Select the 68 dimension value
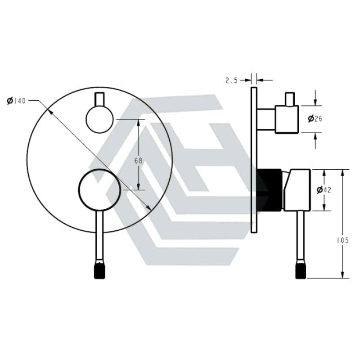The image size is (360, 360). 138,161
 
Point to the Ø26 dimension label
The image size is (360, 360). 315,119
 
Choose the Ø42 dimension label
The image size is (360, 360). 324,190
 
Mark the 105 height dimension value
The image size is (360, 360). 342,241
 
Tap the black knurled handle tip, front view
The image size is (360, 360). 99,270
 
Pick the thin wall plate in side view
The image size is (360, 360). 254,160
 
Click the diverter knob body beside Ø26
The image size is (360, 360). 287,119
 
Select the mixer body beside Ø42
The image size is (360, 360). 297,189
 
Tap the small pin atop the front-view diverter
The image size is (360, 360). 99,99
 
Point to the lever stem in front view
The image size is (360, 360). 99,234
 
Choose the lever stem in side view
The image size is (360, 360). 300,234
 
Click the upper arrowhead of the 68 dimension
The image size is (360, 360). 139,122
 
